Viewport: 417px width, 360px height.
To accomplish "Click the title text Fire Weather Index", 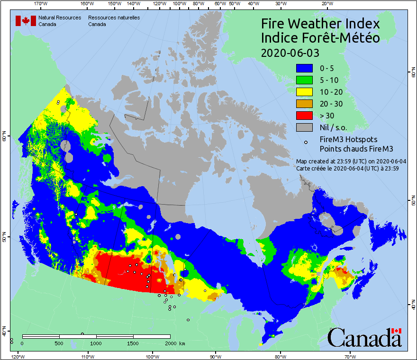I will coord(320,24).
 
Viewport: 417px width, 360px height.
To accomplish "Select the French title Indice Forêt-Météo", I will coord(320,38).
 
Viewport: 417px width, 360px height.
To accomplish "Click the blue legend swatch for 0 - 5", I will coord(305,68).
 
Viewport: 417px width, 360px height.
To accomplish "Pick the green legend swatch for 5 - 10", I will coord(305,80).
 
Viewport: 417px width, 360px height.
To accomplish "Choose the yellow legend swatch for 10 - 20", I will coord(305,92).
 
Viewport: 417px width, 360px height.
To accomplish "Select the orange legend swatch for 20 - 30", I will coord(305,104).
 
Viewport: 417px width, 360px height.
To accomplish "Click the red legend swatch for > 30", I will coord(305,116).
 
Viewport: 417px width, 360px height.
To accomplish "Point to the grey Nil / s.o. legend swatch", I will coord(305,127).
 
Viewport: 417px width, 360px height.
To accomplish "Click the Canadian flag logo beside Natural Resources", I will coord(23,21).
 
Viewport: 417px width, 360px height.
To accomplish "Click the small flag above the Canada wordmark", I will coord(397,331).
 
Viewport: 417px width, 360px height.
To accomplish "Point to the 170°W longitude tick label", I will coord(41,4).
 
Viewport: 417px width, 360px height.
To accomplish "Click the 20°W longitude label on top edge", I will coord(326,4).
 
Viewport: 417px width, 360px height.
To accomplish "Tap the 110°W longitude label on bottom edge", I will coord(88,356).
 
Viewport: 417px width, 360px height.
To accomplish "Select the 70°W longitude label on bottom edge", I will coord(350,356).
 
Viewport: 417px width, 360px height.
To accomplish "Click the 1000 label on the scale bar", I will coord(96,343).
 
